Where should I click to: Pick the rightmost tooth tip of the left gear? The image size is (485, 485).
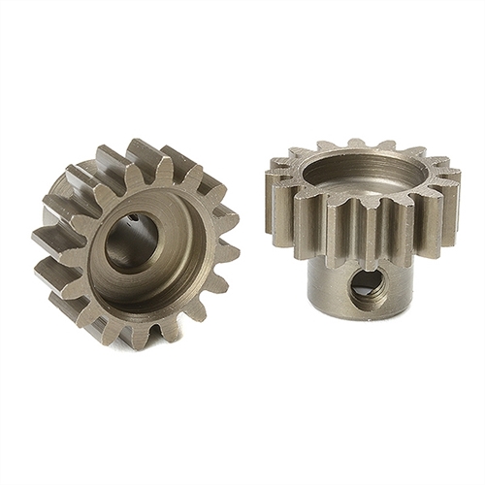231,254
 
